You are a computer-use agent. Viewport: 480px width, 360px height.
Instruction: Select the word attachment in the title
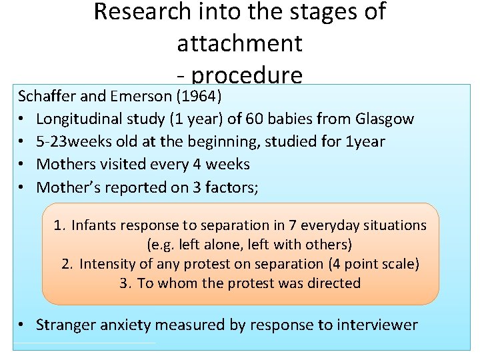click(x=239, y=43)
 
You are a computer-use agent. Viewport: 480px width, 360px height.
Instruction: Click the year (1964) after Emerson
click(x=199, y=96)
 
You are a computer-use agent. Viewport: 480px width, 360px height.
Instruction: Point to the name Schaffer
click(x=47, y=96)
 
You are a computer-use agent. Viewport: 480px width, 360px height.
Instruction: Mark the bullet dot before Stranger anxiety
click(x=23, y=325)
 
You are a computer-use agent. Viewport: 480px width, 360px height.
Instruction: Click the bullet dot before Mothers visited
click(x=23, y=165)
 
